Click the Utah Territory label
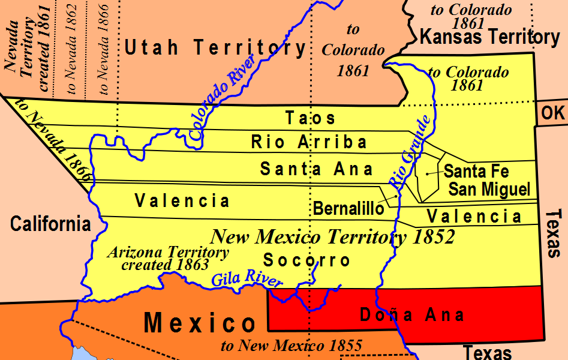coord(215,47)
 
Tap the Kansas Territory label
coord(489,38)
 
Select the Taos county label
coord(310,118)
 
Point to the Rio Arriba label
coord(309,142)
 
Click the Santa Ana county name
coord(316,169)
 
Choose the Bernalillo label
coord(348,208)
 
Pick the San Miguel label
coord(490,190)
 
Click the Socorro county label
coord(306,260)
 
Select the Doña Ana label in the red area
coord(411,314)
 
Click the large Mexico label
coord(200,324)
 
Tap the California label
coord(50,224)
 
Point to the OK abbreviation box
coord(552,113)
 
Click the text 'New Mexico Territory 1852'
coord(332,237)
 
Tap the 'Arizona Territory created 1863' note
coord(167,258)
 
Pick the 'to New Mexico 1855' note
coord(291,346)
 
